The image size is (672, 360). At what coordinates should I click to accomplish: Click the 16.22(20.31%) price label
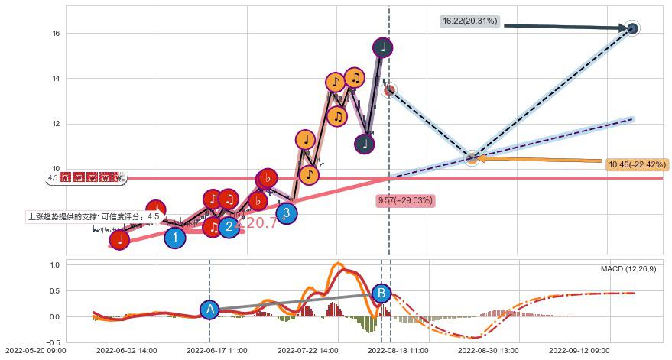pyautogui.click(x=470, y=21)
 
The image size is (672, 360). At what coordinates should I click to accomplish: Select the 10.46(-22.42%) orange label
pyautogui.click(x=636, y=164)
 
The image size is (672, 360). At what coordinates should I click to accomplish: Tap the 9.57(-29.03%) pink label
pyautogui.click(x=405, y=200)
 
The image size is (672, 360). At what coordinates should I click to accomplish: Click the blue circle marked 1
pyautogui.click(x=175, y=238)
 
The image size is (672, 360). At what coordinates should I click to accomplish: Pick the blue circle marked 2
pyautogui.click(x=228, y=227)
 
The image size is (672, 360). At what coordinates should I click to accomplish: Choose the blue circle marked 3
pyautogui.click(x=286, y=213)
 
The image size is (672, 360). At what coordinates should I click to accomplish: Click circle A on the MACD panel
pyautogui.click(x=209, y=310)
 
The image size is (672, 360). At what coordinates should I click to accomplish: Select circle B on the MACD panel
pyautogui.click(x=381, y=293)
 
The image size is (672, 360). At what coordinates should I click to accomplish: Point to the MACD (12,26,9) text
pyautogui.click(x=628, y=269)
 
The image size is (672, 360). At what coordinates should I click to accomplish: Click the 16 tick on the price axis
pyautogui.click(x=56, y=34)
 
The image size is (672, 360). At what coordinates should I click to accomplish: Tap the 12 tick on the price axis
pyautogui.click(x=56, y=124)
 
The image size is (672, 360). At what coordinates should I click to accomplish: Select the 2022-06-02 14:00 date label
pyautogui.click(x=127, y=351)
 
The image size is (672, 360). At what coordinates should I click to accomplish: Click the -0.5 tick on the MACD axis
pyautogui.click(x=52, y=342)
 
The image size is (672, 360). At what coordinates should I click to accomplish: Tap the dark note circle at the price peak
pyautogui.click(x=383, y=48)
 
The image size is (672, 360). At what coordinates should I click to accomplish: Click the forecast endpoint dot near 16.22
pyautogui.click(x=631, y=29)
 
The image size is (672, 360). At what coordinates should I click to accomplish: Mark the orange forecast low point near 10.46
pyautogui.click(x=472, y=159)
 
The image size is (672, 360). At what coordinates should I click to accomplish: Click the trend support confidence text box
pyautogui.click(x=93, y=216)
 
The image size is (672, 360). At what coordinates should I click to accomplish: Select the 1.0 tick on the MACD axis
pyautogui.click(x=55, y=265)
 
